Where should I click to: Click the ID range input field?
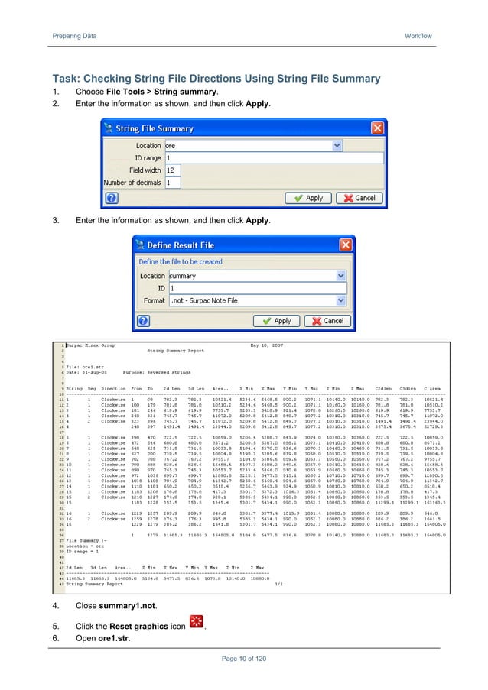tap(252, 158)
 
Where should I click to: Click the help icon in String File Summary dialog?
tap(111, 198)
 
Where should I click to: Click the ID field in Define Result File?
tap(256, 289)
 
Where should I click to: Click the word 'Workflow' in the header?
tap(418, 36)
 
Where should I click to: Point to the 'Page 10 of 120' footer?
tap(243, 657)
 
